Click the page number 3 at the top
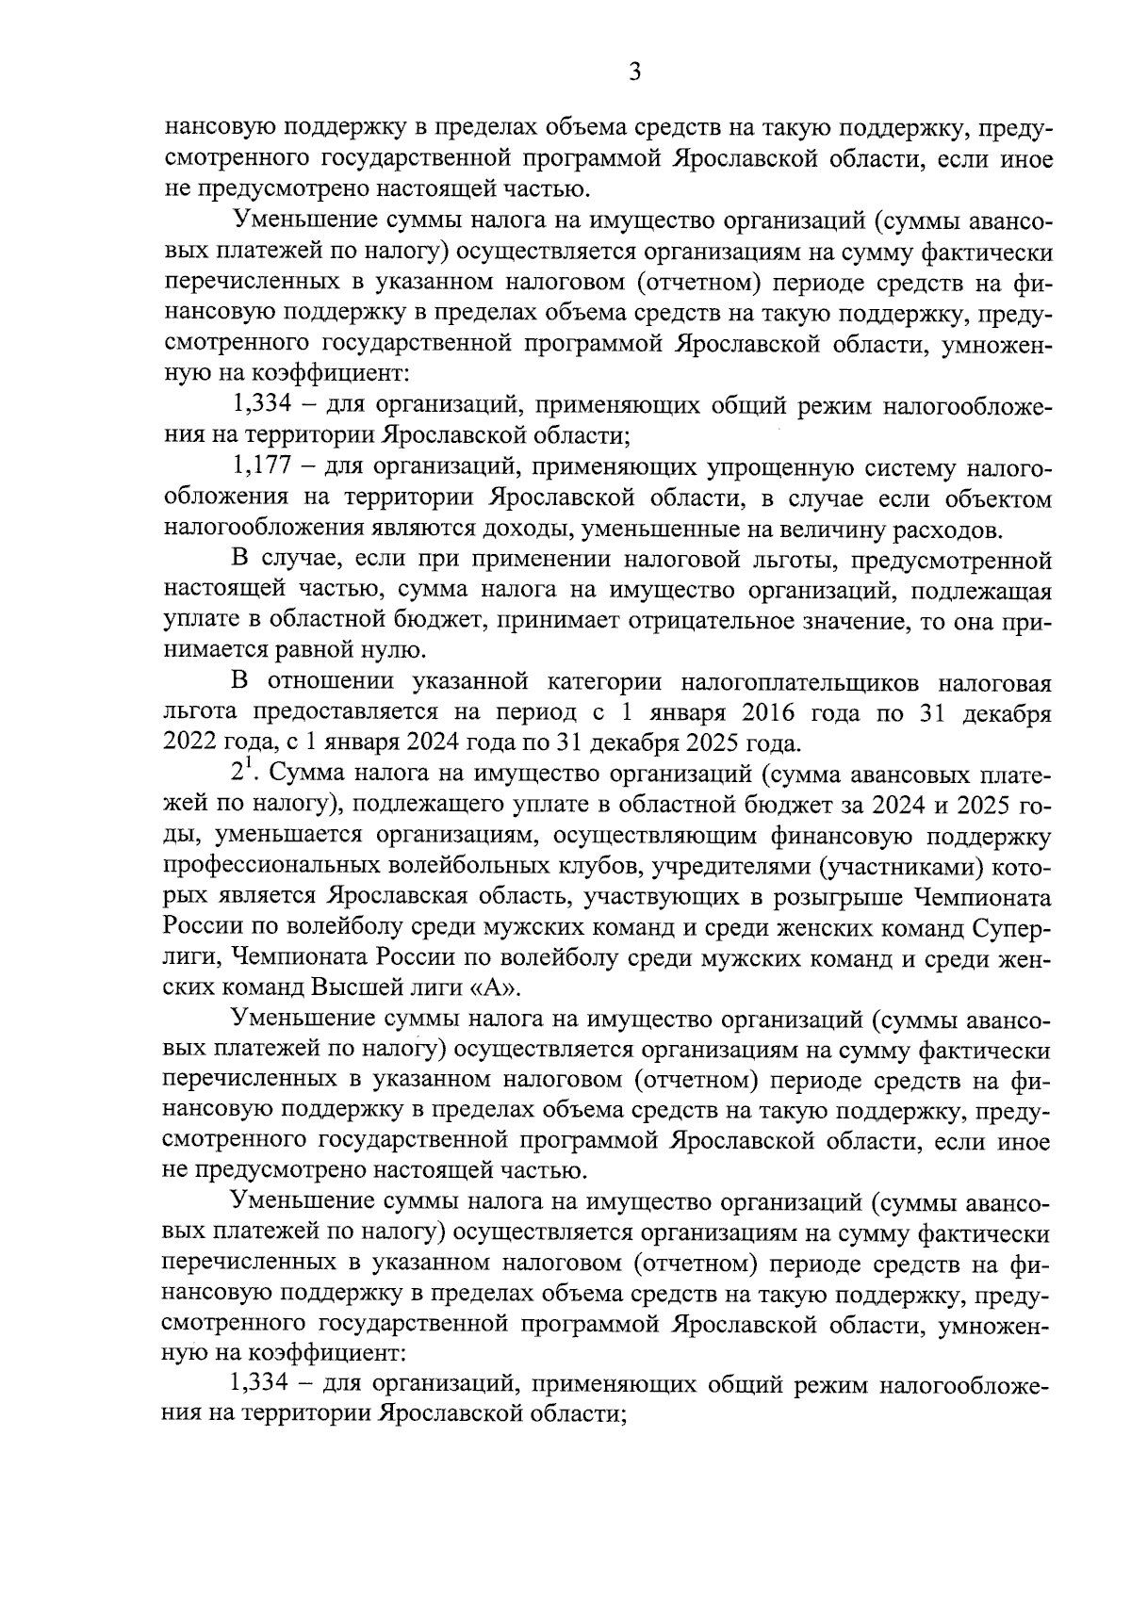click(x=634, y=73)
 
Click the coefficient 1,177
click(x=259, y=468)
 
